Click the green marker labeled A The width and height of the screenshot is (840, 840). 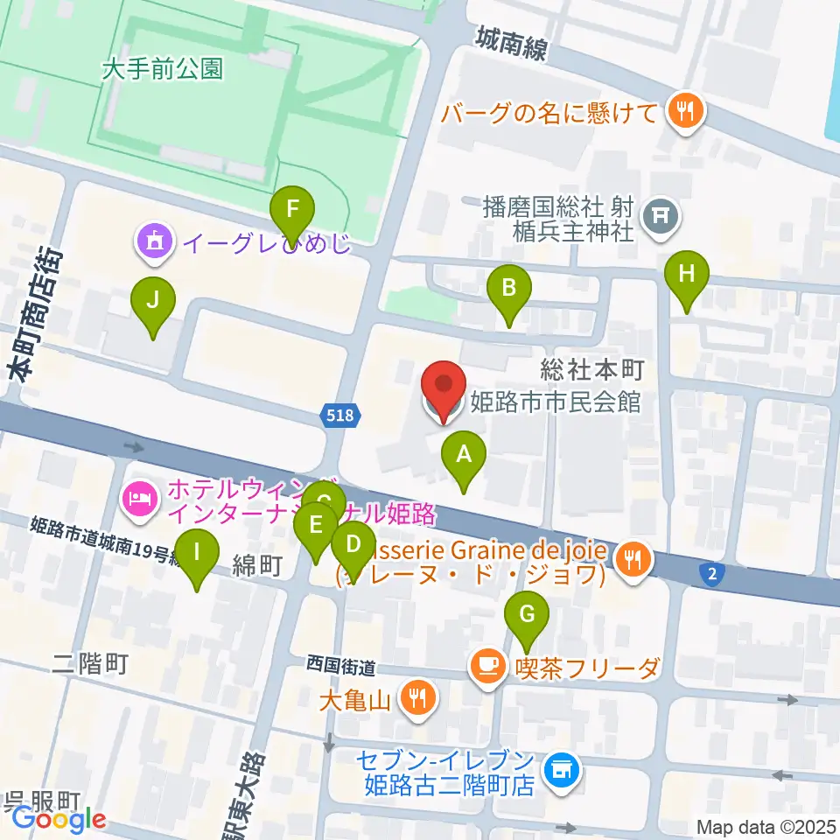tap(464, 457)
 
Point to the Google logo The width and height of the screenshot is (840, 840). tap(58, 819)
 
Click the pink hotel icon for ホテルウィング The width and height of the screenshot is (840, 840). tap(141, 500)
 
